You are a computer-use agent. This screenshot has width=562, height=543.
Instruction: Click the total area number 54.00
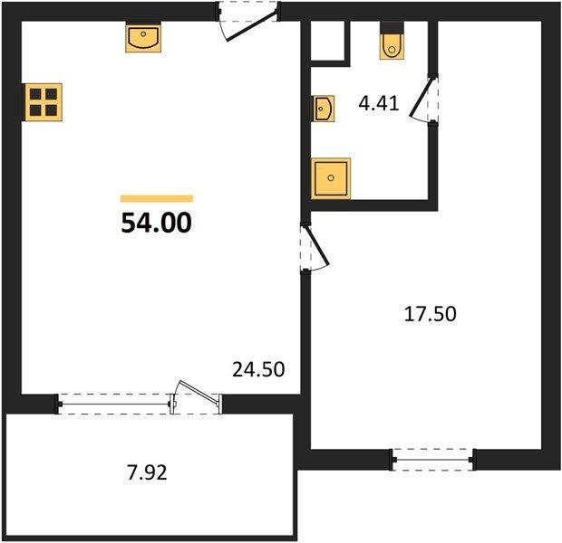point(157,223)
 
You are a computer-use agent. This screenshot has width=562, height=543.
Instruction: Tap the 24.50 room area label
point(258,369)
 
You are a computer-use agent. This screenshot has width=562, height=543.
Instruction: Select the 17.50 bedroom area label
point(430,314)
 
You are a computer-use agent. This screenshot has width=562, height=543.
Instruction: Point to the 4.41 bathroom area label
point(379,103)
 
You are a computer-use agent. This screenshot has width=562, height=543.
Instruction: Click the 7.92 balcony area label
point(147,472)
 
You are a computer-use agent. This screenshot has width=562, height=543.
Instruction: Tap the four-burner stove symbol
point(44,102)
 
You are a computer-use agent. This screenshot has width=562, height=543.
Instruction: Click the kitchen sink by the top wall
point(143,38)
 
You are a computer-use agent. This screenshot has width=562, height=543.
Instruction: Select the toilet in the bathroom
point(392,41)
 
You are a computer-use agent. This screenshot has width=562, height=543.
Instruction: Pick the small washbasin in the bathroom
point(324,109)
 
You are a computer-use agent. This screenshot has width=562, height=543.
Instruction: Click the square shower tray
point(331,178)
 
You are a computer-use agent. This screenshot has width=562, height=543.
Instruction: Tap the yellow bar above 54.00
point(157,199)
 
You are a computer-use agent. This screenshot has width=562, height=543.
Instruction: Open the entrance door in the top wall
point(248,23)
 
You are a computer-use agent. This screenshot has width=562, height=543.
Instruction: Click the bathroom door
point(424,99)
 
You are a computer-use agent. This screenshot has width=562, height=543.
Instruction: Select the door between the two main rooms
point(315,246)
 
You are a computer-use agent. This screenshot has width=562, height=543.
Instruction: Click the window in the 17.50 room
point(433,460)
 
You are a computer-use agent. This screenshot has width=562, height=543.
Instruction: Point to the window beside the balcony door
point(114,405)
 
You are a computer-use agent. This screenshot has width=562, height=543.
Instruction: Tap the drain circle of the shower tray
point(331,178)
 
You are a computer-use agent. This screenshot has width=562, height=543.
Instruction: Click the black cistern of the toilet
point(392,28)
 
